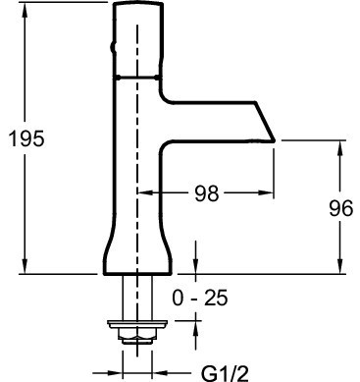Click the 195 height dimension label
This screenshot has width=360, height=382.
tap(26, 138)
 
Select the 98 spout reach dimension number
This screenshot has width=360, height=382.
tap(207, 193)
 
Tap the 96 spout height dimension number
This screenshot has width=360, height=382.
tap(341, 208)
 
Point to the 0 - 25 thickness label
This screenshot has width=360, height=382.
tap(200, 298)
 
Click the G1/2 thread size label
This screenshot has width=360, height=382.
tap(226, 373)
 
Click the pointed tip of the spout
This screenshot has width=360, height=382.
tap(274, 140)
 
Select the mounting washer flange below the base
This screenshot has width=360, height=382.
tap(137, 324)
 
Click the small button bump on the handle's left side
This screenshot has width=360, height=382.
tap(113, 48)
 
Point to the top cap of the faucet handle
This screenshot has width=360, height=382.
tap(138, 4)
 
